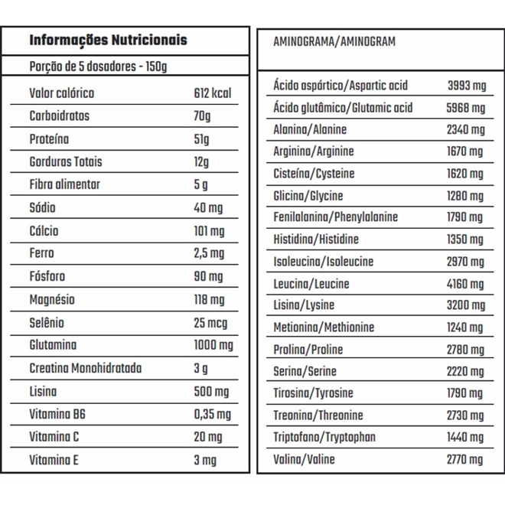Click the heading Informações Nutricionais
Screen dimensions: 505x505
(x=108, y=41)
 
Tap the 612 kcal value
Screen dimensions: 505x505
(x=213, y=93)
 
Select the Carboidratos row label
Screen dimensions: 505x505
(x=60, y=116)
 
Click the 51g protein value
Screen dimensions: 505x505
(x=202, y=139)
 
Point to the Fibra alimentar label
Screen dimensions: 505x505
(x=65, y=184)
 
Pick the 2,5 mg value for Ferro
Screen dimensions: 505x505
(x=210, y=253)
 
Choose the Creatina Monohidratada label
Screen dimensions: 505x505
(x=86, y=368)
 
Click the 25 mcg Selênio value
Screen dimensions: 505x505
(x=210, y=322)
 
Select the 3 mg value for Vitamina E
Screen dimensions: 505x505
(x=206, y=460)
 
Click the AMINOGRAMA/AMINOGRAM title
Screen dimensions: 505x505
(x=334, y=42)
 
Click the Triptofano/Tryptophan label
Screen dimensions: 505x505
(x=324, y=438)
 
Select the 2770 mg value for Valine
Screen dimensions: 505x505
(x=465, y=460)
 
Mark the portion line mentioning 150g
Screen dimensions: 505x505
(x=98, y=66)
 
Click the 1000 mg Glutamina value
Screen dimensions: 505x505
(x=213, y=345)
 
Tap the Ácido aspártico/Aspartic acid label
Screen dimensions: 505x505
(x=340, y=86)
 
